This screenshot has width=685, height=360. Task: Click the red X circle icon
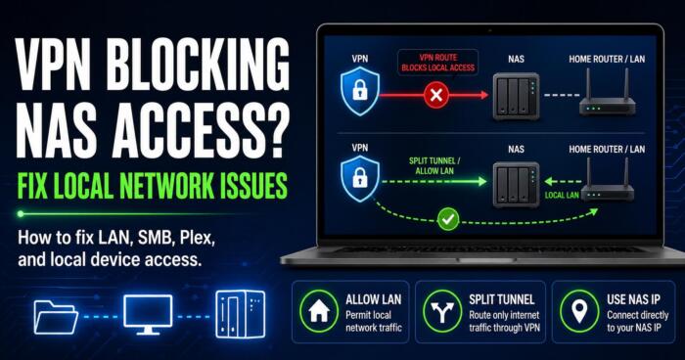coord(436,95)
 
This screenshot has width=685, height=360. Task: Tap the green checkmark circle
coord(448,219)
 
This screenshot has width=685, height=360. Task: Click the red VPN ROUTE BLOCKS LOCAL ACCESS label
coord(437,63)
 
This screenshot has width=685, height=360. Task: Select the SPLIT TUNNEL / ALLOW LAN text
coord(434,165)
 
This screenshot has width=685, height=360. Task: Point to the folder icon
coord(56,317)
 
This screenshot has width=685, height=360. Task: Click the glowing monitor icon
coord(148,314)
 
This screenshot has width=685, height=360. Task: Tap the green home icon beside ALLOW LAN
coord(319,311)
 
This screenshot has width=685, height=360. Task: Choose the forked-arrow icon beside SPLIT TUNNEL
coord(442,311)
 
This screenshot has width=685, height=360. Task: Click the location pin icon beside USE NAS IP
coord(579,311)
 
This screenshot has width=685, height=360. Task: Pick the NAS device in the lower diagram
coord(516,185)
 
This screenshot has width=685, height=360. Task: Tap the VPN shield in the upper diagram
coord(360,91)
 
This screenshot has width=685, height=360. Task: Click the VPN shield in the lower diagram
coord(360,179)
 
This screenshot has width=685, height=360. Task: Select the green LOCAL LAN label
coord(562,196)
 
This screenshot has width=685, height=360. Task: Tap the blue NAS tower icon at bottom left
coord(241,314)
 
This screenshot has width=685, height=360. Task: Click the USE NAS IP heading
coord(633,299)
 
